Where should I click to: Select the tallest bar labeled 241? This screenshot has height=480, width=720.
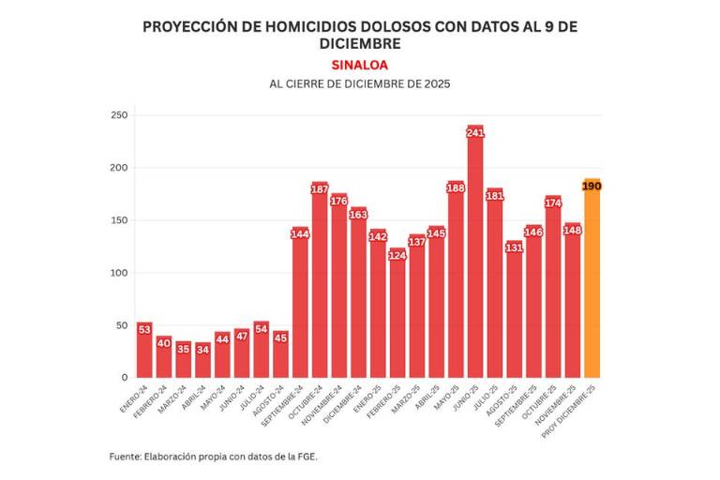click(475, 262)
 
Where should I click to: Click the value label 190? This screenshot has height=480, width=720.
click(592, 187)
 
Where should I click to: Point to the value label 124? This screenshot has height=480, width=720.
click(397, 256)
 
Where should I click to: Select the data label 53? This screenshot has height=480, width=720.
click(144, 330)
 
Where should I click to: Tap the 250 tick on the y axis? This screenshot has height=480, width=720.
click(118, 115)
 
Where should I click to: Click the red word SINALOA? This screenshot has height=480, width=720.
click(360, 65)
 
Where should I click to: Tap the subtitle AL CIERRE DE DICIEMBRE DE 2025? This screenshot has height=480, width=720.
click(360, 83)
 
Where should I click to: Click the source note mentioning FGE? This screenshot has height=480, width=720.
click(220, 456)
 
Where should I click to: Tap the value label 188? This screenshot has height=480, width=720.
click(456, 187)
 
